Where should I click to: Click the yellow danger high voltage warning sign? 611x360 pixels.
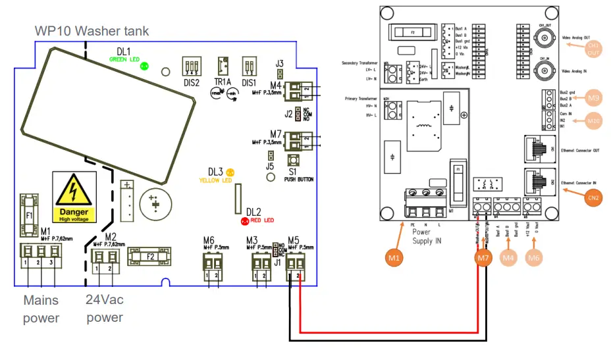pyautogui.click(x=74, y=197)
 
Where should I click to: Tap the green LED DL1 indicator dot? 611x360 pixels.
pyautogui.click(x=144, y=66)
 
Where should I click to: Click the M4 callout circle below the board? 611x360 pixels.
pyautogui.click(x=508, y=259)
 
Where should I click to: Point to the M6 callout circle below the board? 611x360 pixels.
pyautogui.click(x=535, y=259)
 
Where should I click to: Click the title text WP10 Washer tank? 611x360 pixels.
pyautogui.click(x=92, y=31)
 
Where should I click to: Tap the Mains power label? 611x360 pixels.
pyautogui.click(x=41, y=309)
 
